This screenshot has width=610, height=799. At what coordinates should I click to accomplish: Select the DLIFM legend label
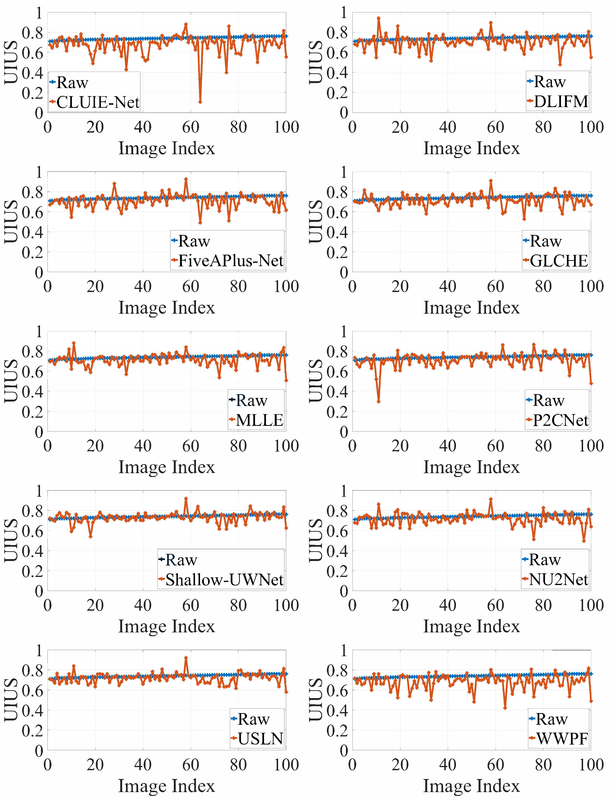point(561,102)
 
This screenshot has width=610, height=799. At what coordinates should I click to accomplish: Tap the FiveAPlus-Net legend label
point(230,261)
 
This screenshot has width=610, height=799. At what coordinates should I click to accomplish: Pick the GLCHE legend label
point(558,261)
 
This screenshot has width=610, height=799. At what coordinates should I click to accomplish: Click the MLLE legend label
point(259,420)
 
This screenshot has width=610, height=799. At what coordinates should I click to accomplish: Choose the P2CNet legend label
point(560,420)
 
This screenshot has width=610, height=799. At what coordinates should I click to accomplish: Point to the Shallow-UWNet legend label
point(224,580)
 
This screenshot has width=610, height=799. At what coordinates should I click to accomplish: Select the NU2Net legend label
point(558,580)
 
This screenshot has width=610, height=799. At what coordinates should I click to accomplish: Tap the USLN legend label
point(260,739)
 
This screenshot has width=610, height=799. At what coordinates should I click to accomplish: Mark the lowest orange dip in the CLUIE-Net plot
point(200,102)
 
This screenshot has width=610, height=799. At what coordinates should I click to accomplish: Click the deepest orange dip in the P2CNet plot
point(379,402)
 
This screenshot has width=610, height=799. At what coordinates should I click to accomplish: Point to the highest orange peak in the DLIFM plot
point(379,18)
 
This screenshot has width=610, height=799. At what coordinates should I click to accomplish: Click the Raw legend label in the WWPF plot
point(551,719)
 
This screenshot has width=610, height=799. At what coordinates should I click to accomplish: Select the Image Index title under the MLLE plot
point(167,467)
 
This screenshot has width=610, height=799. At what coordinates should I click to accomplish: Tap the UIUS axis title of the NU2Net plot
point(315,540)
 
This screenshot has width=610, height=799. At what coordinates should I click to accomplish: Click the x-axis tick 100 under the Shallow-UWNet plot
point(286,605)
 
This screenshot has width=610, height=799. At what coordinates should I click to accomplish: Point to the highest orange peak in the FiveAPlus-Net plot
point(186,179)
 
